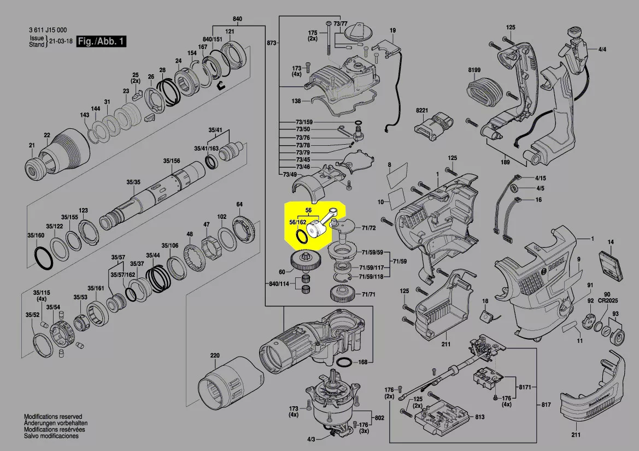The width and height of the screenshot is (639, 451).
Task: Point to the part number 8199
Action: coord(473,70)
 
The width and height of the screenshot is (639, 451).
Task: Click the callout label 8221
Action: coord(421,110)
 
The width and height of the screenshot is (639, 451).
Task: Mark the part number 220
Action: coord(215,356)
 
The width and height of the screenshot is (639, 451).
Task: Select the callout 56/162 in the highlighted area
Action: coord(297,222)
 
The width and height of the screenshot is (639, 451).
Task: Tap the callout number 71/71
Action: coord(368,295)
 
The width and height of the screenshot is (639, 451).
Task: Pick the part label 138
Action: coord(296,102)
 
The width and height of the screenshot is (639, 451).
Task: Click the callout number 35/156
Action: coord(171,161)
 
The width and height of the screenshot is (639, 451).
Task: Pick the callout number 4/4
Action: coord(602,50)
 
